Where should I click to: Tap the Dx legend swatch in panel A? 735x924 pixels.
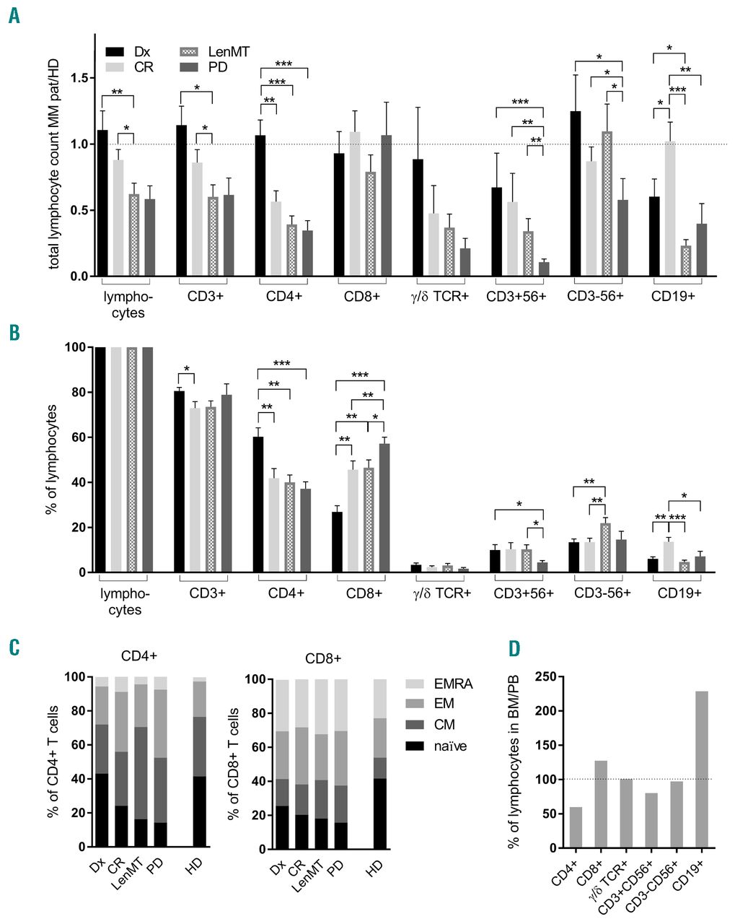tap(115, 52)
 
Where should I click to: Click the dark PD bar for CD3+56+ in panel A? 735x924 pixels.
tap(543, 269)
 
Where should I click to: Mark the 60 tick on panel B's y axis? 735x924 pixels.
tap(83, 437)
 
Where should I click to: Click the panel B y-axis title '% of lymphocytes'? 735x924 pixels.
tap(52, 459)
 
